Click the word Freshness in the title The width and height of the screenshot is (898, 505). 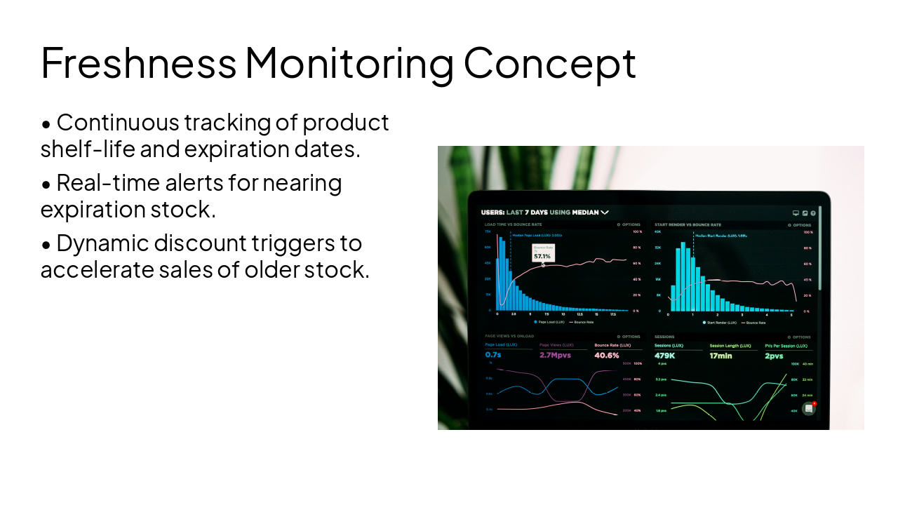point(138,62)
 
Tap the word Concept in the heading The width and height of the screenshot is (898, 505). point(549,62)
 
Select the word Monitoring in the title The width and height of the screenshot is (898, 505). point(349,62)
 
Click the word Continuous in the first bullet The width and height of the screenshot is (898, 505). point(118,123)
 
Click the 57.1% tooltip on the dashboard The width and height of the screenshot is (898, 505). point(542,256)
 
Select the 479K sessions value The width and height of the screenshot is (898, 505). point(664,356)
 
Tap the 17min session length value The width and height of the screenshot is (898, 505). point(721,356)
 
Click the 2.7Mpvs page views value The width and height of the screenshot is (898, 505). point(555,355)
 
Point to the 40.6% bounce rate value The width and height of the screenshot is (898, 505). point(607,355)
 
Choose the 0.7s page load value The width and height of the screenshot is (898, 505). point(493,355)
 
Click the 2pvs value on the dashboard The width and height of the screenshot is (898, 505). point(774,356)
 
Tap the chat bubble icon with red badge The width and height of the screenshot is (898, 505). point(809,408)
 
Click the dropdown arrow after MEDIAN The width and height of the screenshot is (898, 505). point(605,212)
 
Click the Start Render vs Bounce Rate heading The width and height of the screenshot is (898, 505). point(683,225)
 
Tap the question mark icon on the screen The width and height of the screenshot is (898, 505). point(813,213)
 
